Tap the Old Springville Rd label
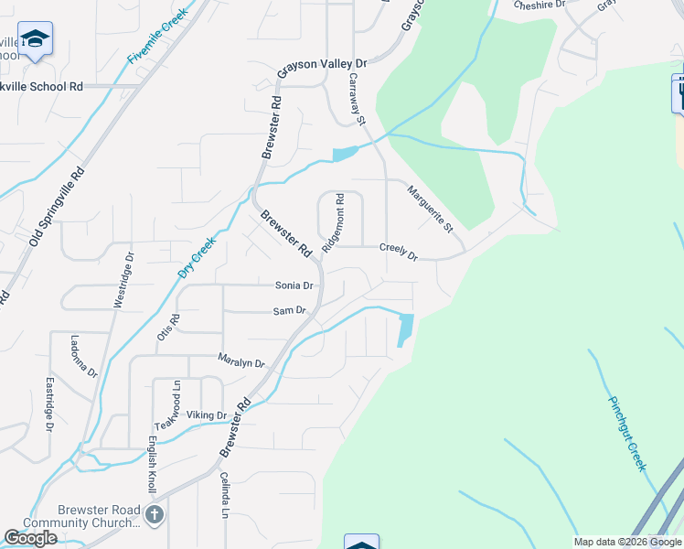coord(57,205)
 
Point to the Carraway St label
coord(356,99)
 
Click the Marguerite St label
coord(430,209)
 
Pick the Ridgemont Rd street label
coord(333,223)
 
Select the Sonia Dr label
coord(294,285)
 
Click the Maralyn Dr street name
coord(241,361)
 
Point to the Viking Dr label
coord(207,415)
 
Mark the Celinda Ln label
coord(223,495)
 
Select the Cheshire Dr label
coord(540,5)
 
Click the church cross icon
coord(155,514)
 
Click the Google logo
coord(30,538)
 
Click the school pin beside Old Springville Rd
coord(35,39)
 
